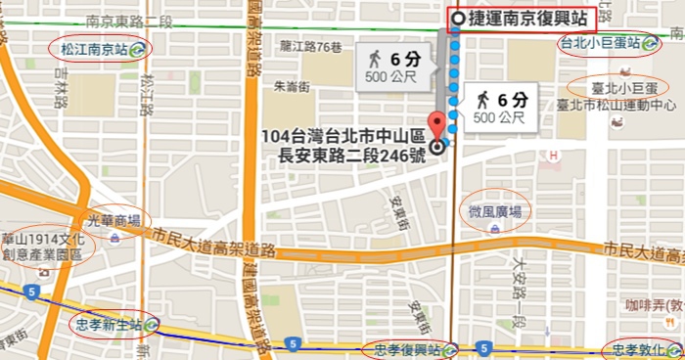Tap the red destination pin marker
coord(437,128)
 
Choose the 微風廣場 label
coord(493,211)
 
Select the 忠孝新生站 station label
coord(109,323)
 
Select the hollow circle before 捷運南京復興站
coord(458,19)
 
